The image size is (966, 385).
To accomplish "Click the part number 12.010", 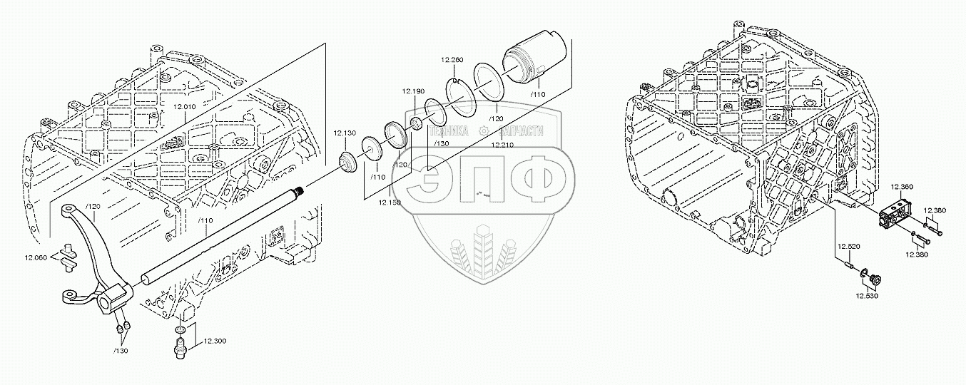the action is coord(185,107).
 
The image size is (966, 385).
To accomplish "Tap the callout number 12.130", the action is coord(345,133).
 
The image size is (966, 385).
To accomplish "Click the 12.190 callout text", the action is coord(412,92).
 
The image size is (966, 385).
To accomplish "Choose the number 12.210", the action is coord(502,145).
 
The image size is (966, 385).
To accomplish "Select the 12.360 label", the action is coord(902,187).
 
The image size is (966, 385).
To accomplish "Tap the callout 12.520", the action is coord(848,245).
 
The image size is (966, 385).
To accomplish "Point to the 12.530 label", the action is coord(867,294).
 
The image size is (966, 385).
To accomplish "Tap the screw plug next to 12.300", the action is coord(180,348).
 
